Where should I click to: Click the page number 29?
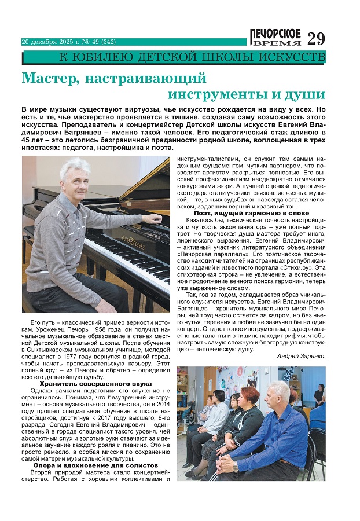pos(317,38)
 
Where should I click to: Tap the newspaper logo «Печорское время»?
pos(276,36)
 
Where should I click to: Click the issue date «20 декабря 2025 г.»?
pos(49,42)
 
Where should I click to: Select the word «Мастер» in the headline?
pos(47,78)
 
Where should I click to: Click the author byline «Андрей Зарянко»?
pos(301,355)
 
